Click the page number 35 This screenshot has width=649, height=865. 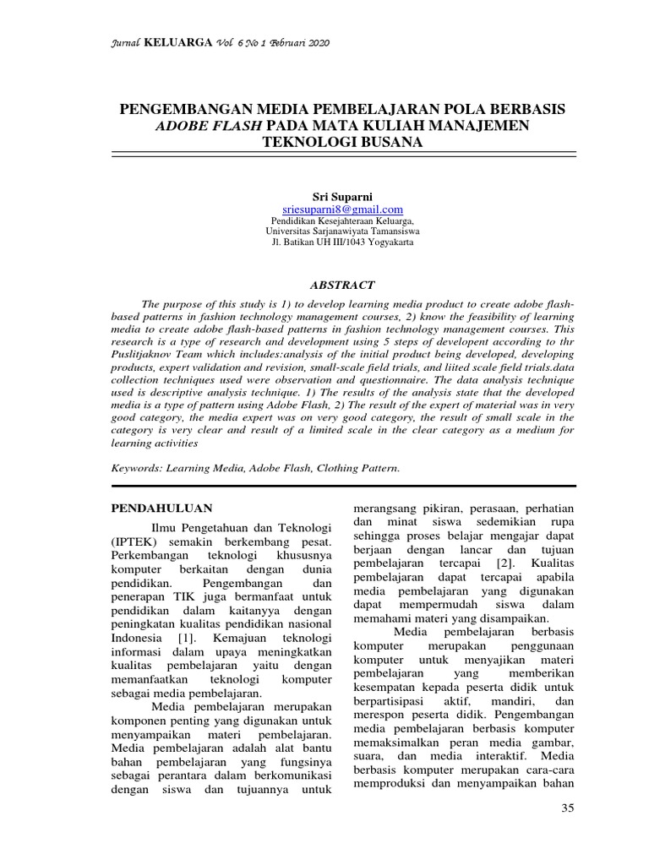[567, 808]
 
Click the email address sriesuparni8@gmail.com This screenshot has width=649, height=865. [342, 209]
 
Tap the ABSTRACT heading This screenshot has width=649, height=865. [342, 286]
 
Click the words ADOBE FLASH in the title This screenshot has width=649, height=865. [209, 127]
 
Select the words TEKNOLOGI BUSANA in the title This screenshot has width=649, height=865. [342, 143]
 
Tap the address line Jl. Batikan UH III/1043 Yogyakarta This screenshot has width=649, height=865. [342, 242]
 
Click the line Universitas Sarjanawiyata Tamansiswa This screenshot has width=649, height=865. [342, 231]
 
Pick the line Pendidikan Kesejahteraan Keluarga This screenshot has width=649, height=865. [342, 220]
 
